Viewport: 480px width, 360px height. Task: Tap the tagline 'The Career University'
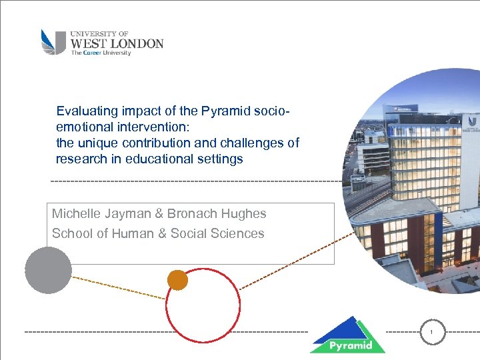tap(101, 53)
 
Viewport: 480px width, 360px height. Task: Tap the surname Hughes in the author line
tap(245, 214)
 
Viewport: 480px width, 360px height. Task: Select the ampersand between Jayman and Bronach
tap(159, 214)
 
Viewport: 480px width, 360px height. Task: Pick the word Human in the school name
tap(137, 234)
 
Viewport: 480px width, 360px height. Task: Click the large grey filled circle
tap(48, 270)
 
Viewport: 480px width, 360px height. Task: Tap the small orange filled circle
tap(177, 280)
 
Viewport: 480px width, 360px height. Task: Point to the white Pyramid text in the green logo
tap(347, 346)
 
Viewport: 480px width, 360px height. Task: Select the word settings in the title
tap(221, 159)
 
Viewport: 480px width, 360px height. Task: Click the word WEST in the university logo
tap(87, 44)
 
